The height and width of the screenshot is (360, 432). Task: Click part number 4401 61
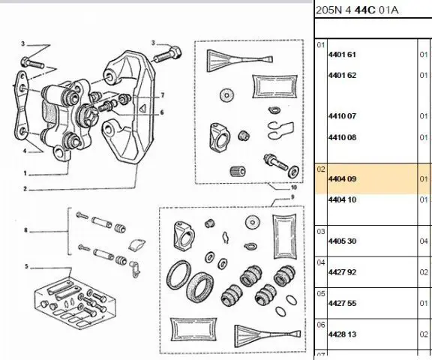coord(342,55)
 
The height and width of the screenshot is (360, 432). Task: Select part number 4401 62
coord(342,75)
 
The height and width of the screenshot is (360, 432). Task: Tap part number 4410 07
coord(342,116)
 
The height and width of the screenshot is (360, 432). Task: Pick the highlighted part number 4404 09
coord(342,179)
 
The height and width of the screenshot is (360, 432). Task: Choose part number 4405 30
coord(342,241)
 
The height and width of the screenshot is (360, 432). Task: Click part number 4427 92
coord(342,272)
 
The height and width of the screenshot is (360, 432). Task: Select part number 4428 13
coord(342,334)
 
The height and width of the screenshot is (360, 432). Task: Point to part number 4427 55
coord(342,303)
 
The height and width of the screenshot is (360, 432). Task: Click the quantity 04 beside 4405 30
coord(424,241)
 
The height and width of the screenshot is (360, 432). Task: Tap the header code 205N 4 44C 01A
coord(357,10)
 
